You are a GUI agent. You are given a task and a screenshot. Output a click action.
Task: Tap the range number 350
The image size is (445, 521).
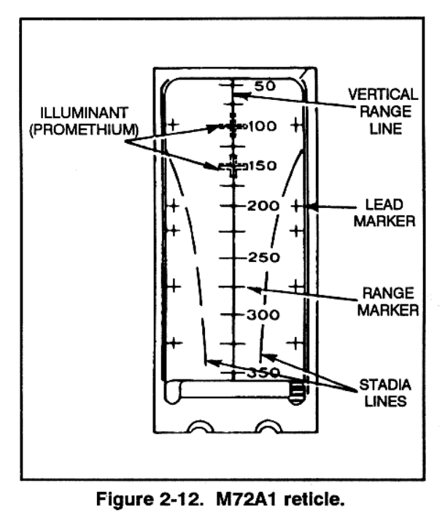[262, 372]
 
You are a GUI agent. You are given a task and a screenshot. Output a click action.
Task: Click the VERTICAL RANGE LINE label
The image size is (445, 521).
[382, 112]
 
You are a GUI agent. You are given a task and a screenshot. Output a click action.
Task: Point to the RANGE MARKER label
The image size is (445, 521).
[384, 301]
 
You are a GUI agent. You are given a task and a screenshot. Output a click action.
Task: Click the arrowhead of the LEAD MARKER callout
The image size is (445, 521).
[310, 207]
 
